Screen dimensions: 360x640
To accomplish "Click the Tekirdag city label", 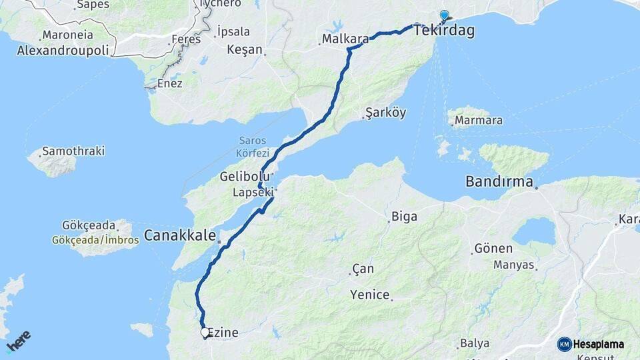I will (x=444, y=31).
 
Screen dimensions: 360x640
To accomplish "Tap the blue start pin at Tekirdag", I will (x=445, y=15).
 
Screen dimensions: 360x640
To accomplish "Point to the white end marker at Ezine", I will (x=205, y=331).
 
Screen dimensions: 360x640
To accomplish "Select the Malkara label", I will (x=345, y=39).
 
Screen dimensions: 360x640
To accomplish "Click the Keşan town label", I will (x=245, y=49).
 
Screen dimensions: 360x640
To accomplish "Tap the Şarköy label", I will (x=386, y=113).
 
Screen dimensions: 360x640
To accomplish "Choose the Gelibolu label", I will (x=245, y=177).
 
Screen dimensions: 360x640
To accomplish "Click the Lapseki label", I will (x=253, y=192).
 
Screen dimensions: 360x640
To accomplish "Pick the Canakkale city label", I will (x=180, y=235).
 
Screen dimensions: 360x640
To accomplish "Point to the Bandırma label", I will (x=499, y=181).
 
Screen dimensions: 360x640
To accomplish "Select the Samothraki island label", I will (x=73, y=151).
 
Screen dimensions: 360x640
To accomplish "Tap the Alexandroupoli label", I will (x=66, y=50).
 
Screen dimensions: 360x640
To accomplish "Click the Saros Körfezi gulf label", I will (x=253, y=147).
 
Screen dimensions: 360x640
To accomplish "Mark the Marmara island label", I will (x=479, y=121).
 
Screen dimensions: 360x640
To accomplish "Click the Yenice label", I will (x=370, y=295).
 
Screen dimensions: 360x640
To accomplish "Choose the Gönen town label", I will (x=493, y=249).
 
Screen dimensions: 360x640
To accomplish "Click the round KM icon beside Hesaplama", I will (x=565, y=344).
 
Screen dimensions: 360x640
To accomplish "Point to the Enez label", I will (x=170, y=84).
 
